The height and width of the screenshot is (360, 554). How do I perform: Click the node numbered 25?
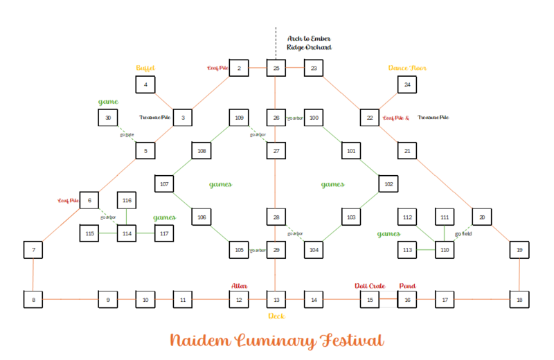(276, 68)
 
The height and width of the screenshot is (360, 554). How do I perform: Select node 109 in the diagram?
(239, 118)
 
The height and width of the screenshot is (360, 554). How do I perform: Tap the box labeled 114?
(127, 233)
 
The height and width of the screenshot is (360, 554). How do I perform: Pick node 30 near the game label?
(108, 118)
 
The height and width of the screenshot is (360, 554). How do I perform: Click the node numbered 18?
(519, 300)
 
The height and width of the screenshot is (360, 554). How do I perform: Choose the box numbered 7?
(33, 249)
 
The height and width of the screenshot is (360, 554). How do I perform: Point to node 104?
(314, 249)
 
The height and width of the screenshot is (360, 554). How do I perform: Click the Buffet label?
(145, 68)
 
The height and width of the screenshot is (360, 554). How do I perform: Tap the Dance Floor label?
(407, 68)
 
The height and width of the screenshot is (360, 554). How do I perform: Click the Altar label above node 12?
(239, 285)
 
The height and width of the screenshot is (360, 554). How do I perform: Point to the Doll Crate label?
(370, 285)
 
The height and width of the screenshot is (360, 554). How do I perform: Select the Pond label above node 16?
(408, 285)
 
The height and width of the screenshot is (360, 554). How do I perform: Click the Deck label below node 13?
(276, 316)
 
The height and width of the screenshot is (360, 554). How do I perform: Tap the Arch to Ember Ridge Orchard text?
(309, 43)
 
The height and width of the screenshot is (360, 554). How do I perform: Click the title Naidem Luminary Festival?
(276, 341)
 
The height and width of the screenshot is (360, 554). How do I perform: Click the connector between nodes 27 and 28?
(276, 184)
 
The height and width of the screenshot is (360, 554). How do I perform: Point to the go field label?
(463, 233)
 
